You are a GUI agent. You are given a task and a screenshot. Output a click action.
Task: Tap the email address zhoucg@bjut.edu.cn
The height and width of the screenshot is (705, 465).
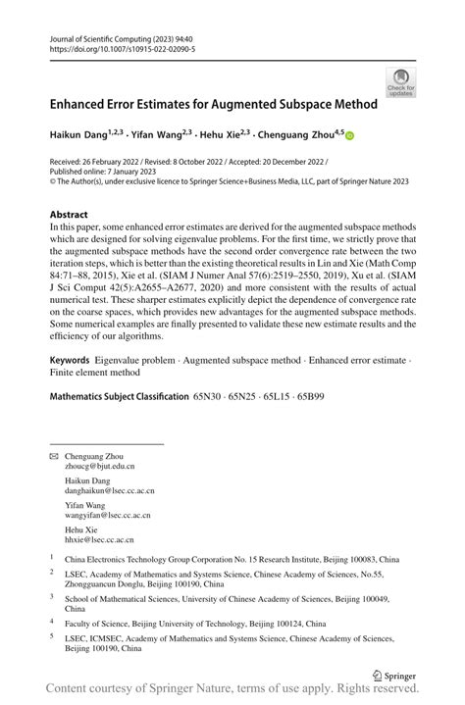tap(100, 468)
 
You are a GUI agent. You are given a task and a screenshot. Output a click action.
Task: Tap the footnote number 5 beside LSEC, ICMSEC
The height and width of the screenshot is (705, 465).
tap(52, 635)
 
